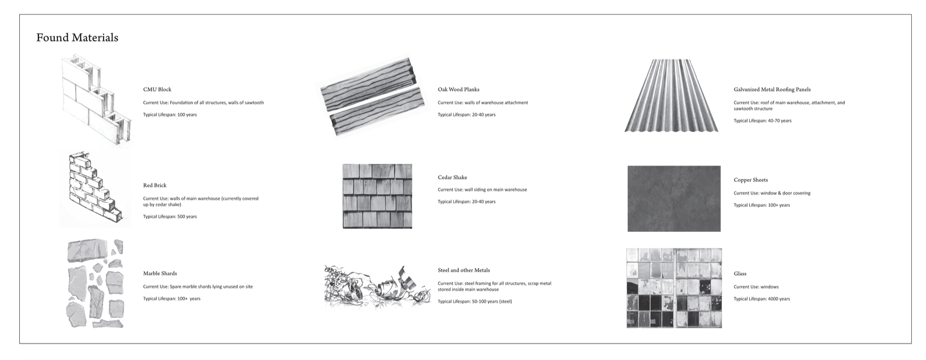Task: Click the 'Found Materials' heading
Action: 77,38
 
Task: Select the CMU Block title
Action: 157,90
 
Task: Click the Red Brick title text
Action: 155,186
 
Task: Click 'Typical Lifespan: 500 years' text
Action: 170,217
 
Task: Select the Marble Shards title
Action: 160,273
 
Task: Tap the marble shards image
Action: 95,284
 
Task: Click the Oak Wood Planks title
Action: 458,90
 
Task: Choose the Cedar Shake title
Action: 452,177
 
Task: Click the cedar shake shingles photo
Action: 377,196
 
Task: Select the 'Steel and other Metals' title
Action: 464,270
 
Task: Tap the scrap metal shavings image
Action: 377,286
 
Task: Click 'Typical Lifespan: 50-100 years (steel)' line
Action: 475,301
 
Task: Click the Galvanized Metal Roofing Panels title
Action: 772,90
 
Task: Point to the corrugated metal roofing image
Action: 671,96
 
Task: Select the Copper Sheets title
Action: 750,180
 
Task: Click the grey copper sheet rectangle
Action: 673,198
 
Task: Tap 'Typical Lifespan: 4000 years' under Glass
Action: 762,299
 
